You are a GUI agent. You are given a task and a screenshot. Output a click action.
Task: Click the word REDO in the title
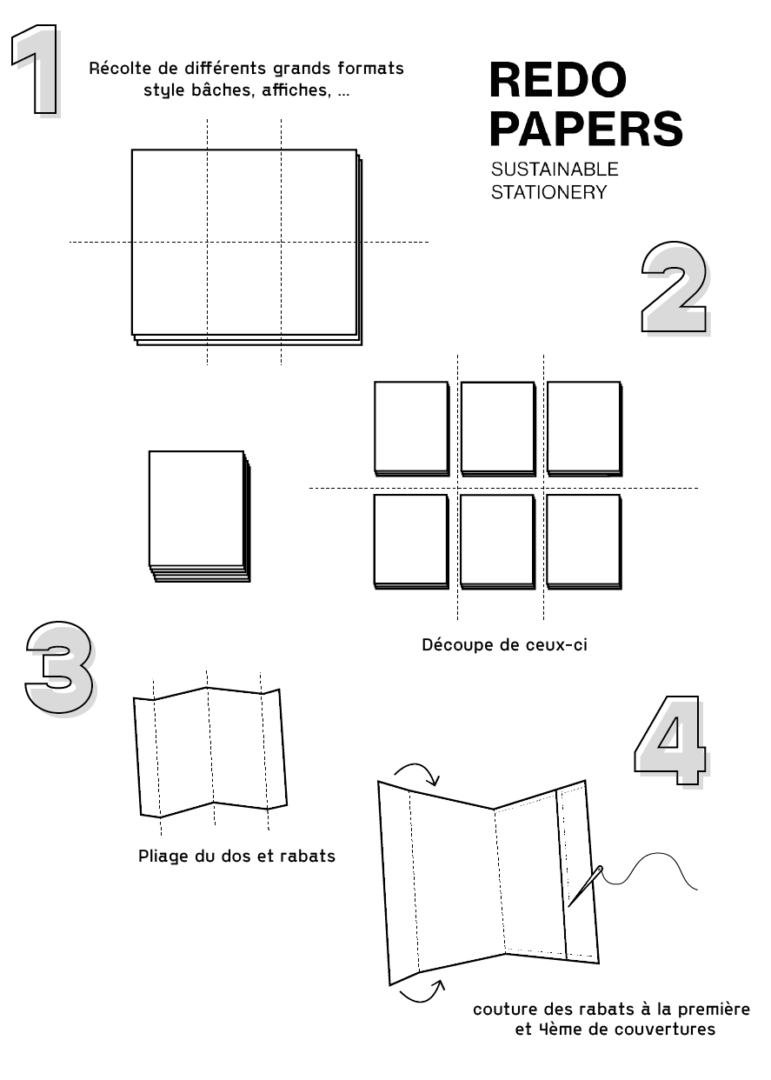click(557, 80)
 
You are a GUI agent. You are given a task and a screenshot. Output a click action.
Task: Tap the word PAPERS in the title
click(586, 128)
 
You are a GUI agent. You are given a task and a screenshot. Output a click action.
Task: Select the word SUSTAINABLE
click(555, 170)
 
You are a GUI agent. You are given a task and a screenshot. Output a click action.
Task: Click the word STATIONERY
click(548, 192)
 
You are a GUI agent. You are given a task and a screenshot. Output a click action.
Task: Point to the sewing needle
click(585, 886)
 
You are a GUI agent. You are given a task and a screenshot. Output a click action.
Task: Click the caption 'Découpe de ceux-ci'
click(504, 644)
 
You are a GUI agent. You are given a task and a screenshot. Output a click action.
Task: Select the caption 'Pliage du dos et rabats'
click(236, 857)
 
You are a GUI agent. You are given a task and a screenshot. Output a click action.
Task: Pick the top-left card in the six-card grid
click(411, 428)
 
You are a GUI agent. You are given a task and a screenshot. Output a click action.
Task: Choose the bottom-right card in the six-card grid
click(583, 542)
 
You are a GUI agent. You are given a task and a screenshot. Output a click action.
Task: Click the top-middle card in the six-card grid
click(498, 428)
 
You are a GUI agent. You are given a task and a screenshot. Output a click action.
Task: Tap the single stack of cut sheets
click(200, 517)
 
